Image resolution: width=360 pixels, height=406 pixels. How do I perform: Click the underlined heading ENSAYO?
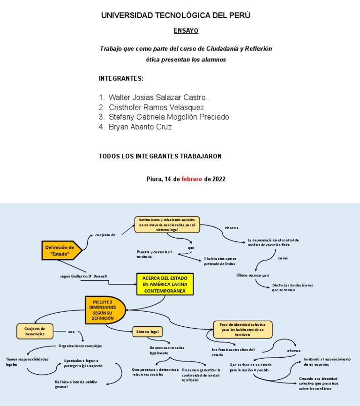click(x=186, y=31)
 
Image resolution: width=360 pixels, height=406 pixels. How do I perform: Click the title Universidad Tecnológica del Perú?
click(x=176, y=15)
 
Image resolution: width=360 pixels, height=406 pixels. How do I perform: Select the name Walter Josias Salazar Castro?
click(x=157, y=98)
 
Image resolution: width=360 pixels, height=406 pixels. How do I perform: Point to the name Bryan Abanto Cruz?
click(x=140, y=127)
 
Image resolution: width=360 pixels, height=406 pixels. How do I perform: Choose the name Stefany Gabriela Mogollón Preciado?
click(x=169, y=117)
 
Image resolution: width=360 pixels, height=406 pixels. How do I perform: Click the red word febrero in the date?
click(x=192, y=179)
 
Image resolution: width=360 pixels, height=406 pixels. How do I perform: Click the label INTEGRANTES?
click(x=121, y=78)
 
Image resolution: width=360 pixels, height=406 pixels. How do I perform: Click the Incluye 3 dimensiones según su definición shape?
click(x=104, y=310)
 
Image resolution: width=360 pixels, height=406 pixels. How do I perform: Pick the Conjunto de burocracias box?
click(x=35, y=331)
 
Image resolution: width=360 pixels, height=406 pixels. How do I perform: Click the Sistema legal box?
click(x=146, y=332)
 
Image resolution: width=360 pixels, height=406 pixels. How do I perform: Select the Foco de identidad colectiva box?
click(x=242, y=329)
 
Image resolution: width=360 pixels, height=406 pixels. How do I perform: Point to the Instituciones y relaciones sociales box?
click(x=167, y=225)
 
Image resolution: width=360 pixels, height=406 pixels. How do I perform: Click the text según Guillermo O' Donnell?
click(x=83, y=276)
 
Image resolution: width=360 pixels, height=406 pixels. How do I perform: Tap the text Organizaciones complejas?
click(x=80, y=346)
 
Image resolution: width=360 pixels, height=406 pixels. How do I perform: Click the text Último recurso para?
click(x=253, y=275)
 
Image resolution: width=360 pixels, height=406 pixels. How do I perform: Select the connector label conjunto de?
click(x=105, y=235)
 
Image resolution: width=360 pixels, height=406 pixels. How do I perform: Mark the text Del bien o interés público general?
click(x=76, y=384)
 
